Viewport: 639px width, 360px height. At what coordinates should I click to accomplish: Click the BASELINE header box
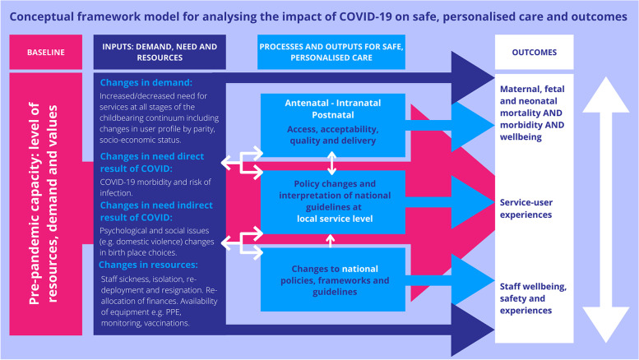[x=46, y=52]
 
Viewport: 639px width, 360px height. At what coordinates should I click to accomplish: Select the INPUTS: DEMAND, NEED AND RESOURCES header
[x=155, y=52]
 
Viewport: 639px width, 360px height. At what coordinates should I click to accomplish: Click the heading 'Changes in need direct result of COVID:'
[x=167, y=162]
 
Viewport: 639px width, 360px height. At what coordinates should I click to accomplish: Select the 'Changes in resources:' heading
[x=150, y=265]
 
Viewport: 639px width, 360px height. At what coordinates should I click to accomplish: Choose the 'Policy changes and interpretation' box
[x=331, y=201]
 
